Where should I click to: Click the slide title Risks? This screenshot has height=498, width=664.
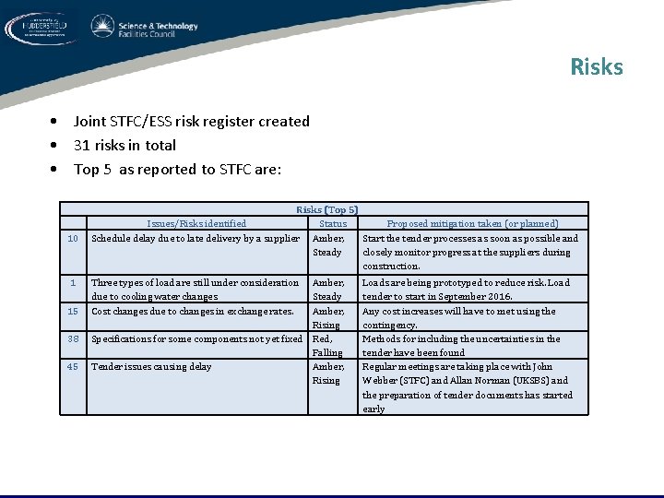click(596, 67)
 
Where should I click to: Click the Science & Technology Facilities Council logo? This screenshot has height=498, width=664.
click(145, 29)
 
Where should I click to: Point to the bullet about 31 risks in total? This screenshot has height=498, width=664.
click(125, 145)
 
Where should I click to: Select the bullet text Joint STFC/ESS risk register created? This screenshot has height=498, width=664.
click(191, 121)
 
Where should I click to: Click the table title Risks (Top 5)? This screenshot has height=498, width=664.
click(326, 209)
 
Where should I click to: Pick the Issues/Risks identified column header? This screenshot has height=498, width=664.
click(196, 223)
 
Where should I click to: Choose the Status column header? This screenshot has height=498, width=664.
click(332, 223)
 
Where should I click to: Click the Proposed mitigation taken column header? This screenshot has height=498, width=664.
click(472, 223)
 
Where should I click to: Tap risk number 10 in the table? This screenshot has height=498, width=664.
click(73, 238)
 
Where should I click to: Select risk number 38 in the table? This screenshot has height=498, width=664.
click(73, 338)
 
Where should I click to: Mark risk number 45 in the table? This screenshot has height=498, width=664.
click(73, 366)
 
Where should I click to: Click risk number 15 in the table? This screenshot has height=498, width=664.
click(73, 311)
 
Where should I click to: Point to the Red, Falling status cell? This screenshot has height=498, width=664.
click(327, 345)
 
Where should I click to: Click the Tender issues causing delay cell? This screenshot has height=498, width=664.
click(151, 366)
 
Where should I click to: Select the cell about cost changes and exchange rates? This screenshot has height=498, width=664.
click(193, 311)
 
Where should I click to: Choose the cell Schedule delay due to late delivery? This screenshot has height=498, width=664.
click(196, 238)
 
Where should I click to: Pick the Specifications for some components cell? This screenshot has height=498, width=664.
click(197, 338)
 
